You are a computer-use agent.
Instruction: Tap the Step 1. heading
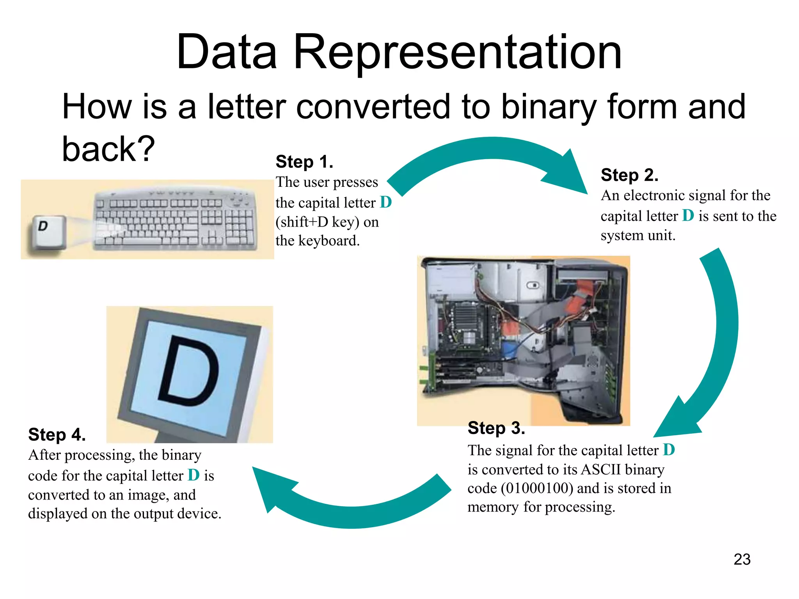304,162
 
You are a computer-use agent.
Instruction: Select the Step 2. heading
629,175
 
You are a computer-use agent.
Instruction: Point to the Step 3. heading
496,428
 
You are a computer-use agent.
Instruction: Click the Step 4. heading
57,435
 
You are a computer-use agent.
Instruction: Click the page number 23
742,559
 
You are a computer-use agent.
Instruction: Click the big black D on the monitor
189,370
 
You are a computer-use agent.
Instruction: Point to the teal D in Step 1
385,202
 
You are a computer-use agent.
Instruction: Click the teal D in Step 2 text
688,216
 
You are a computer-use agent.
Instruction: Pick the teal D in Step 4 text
194,475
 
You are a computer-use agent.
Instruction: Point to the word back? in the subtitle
108,149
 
